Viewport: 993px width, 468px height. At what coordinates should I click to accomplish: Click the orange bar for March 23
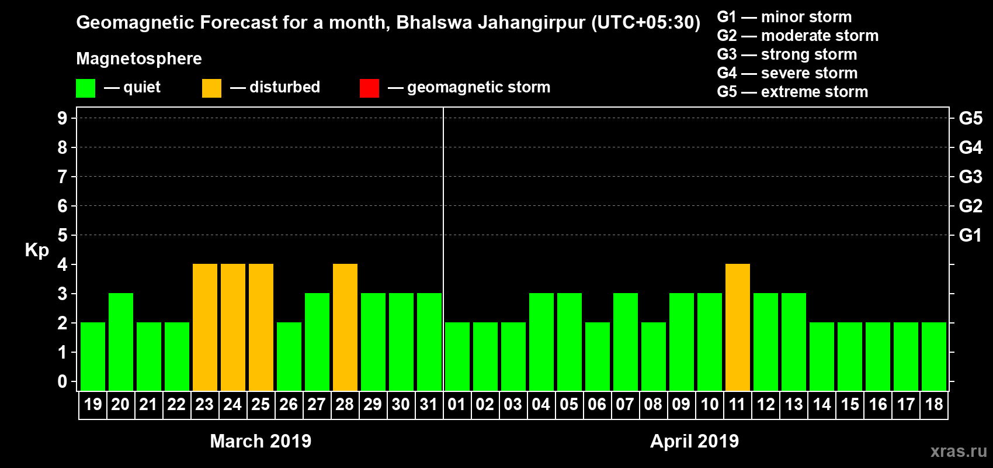[x=205, y=327]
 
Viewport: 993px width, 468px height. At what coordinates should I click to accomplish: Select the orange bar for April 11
[x=738, y=327]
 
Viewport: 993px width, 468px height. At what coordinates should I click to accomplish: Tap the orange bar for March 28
[x=345, y=327]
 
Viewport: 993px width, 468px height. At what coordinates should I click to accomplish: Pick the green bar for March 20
[x=121, y=342]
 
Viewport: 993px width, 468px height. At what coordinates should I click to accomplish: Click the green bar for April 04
[x=541, y=342]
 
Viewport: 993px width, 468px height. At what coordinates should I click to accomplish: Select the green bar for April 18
[x=934, y=356]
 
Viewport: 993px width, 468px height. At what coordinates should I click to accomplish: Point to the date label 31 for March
[x=429, y=404]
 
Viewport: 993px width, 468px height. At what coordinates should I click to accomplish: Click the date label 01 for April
[x=457, y=404]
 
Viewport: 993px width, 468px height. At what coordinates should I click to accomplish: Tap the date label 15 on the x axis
[x=850, y=404]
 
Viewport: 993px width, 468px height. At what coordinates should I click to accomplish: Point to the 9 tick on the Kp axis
[x=63, y=118]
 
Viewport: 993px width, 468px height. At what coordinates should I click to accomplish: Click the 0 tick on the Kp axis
[x=63, y=382]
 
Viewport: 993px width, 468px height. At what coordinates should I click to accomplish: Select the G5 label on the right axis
[x=970, y=118]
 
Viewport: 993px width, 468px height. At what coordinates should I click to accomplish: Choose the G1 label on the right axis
[x=970, y=235]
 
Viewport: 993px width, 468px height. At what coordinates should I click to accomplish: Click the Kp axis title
[x=37, y=250]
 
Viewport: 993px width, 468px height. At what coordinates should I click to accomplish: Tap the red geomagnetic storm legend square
[x=369, y=88]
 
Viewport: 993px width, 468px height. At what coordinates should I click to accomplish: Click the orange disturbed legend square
[x=211, y=88]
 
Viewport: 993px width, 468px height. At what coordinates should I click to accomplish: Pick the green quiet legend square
[x=85, y=88]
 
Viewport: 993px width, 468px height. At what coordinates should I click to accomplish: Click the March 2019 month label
[x=261, y=441]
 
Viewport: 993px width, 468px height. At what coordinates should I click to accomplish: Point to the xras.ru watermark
[x=959, y=451]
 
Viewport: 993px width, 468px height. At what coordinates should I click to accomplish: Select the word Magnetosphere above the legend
[x=139, y=58]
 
